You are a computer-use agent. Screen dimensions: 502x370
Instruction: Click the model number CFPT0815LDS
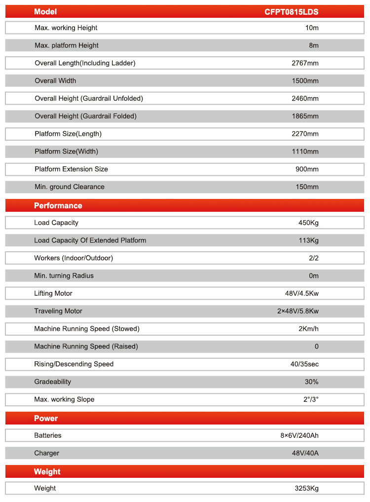(x=292, y=12)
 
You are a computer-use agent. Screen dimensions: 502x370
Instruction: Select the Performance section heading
(x=58, y=206)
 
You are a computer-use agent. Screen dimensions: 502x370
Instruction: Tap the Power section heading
(x=46, y=419)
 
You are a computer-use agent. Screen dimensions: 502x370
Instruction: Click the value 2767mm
(x=305, y=63)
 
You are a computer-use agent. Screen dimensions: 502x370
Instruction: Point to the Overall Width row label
(x=55, y=81)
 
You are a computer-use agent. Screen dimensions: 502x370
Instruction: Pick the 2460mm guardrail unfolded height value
(x=305, y=99)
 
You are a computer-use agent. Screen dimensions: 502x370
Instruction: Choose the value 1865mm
(x=305, y=116)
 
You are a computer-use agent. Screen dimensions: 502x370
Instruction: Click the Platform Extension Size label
(x=71, y=169)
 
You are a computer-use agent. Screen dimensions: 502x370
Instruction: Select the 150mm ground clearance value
(x=307, y=187)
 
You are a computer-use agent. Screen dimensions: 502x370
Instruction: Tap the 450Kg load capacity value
(x=308, y=223)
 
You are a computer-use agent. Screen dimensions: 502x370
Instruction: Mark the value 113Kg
(x=309, y=241)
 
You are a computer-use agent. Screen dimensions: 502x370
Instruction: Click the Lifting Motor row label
(x=53, y=294)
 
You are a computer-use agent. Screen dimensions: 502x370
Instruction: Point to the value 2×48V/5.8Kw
(x=298, y=311)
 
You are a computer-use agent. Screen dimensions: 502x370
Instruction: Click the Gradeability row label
(x=53, y=382)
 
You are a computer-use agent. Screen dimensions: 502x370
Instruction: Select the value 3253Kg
(x=306, y=489)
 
